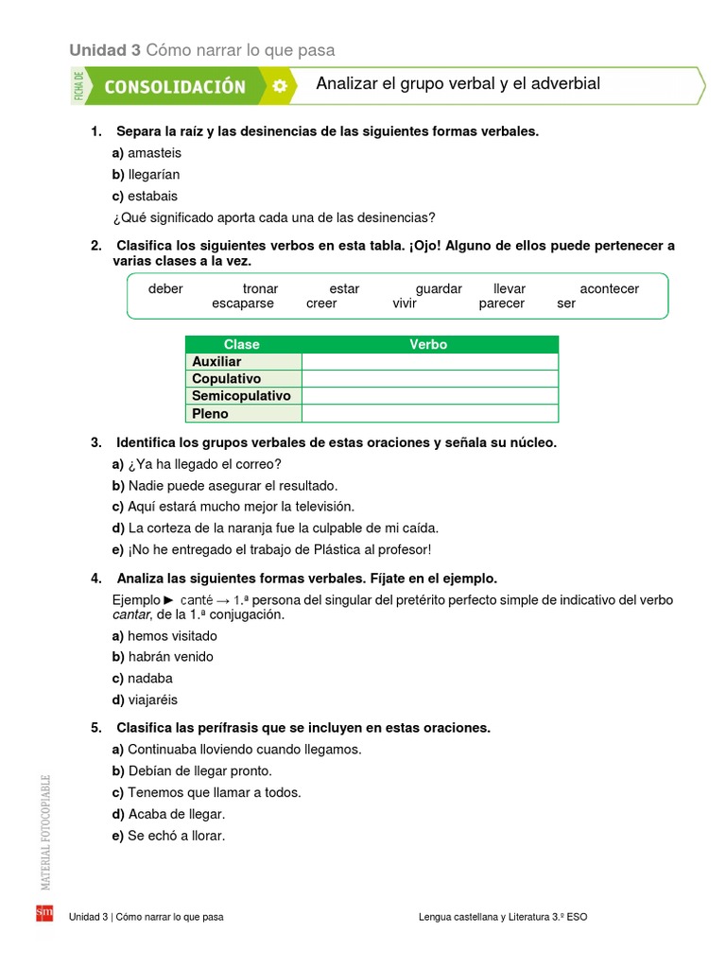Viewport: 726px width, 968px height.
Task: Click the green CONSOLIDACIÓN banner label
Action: tap(174, 87)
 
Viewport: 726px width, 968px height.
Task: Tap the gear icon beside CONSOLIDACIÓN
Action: tap(279, 86)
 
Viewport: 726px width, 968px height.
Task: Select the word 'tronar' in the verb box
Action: tap(260, 288)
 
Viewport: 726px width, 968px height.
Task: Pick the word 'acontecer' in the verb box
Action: tap(609, 288)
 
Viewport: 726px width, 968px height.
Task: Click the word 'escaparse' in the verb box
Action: tap(243, 303)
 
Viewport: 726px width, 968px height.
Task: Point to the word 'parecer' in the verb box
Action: tap(501, 303)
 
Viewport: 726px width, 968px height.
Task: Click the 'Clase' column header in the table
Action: tap(242, 344)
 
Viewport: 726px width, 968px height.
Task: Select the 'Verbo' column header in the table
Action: tap(428, 344)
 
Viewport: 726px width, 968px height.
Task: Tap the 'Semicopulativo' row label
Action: tap(241, 396)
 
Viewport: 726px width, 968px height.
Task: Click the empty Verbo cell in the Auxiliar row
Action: tap(429, 361)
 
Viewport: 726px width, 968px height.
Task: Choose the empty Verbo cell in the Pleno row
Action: tap(429, 413)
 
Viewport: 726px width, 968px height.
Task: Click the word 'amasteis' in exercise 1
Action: tap(154, 152)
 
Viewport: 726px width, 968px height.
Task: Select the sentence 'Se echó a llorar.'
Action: tap(177, 836)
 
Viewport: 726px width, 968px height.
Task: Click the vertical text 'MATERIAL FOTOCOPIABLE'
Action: tap(44, 832)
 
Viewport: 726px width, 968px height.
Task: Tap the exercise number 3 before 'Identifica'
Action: tap(95, 442)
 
